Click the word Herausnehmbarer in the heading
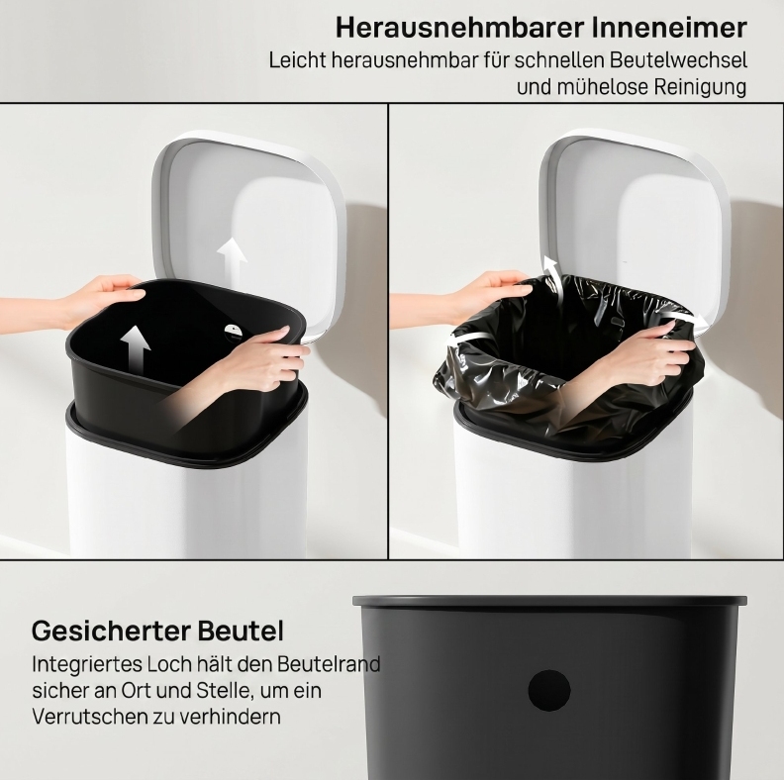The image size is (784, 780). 460,28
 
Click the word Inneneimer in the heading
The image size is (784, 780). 670,28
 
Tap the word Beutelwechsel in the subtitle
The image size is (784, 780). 677,60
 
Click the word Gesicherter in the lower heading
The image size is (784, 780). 111,631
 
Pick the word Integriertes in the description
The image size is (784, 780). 87,664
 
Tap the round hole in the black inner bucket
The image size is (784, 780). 549,690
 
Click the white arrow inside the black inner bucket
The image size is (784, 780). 135,348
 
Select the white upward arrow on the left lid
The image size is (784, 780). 232,260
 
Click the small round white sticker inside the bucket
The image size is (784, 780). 233,332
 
